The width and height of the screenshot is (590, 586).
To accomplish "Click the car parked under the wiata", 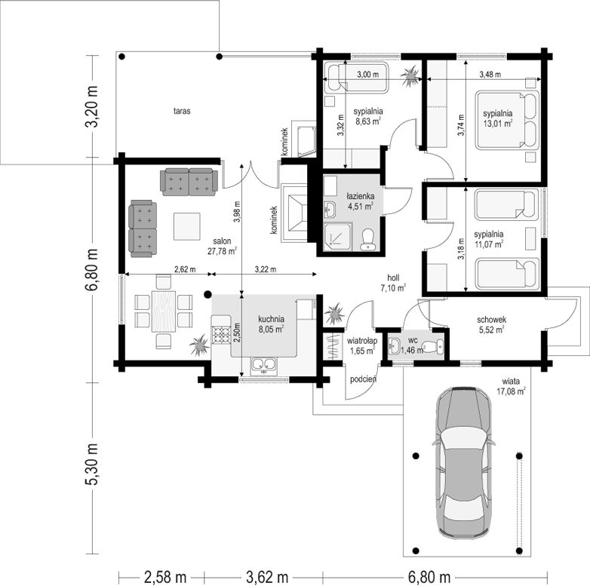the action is [463, 462].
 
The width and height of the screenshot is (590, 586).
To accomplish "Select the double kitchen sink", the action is [263, 364].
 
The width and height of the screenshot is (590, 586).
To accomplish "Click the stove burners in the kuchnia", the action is [221, 336].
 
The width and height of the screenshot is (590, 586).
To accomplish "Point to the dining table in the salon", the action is [164, 311].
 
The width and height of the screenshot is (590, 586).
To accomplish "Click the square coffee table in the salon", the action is [186, 226].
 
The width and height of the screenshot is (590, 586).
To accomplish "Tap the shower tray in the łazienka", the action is [338, 237].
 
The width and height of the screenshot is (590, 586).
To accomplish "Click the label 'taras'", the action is [182, 111].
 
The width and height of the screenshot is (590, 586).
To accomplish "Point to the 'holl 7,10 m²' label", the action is [393, 283].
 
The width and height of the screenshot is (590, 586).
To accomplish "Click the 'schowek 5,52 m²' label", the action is [491, 324].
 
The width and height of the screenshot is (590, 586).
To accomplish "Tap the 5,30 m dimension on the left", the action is [92, 464].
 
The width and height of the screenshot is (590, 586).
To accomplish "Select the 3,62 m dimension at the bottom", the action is [267, 576].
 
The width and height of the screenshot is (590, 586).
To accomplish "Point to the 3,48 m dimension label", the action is [490, 75].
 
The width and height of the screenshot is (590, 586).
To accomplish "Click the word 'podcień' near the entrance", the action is [363, 379].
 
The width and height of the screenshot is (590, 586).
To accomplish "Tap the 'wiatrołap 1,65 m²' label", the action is [362, 346].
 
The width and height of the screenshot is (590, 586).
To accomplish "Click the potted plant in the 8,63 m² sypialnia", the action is [410, 77].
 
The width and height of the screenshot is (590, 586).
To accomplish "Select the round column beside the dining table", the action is [207, 294].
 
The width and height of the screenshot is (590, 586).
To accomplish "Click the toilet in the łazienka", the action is [367, 240].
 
